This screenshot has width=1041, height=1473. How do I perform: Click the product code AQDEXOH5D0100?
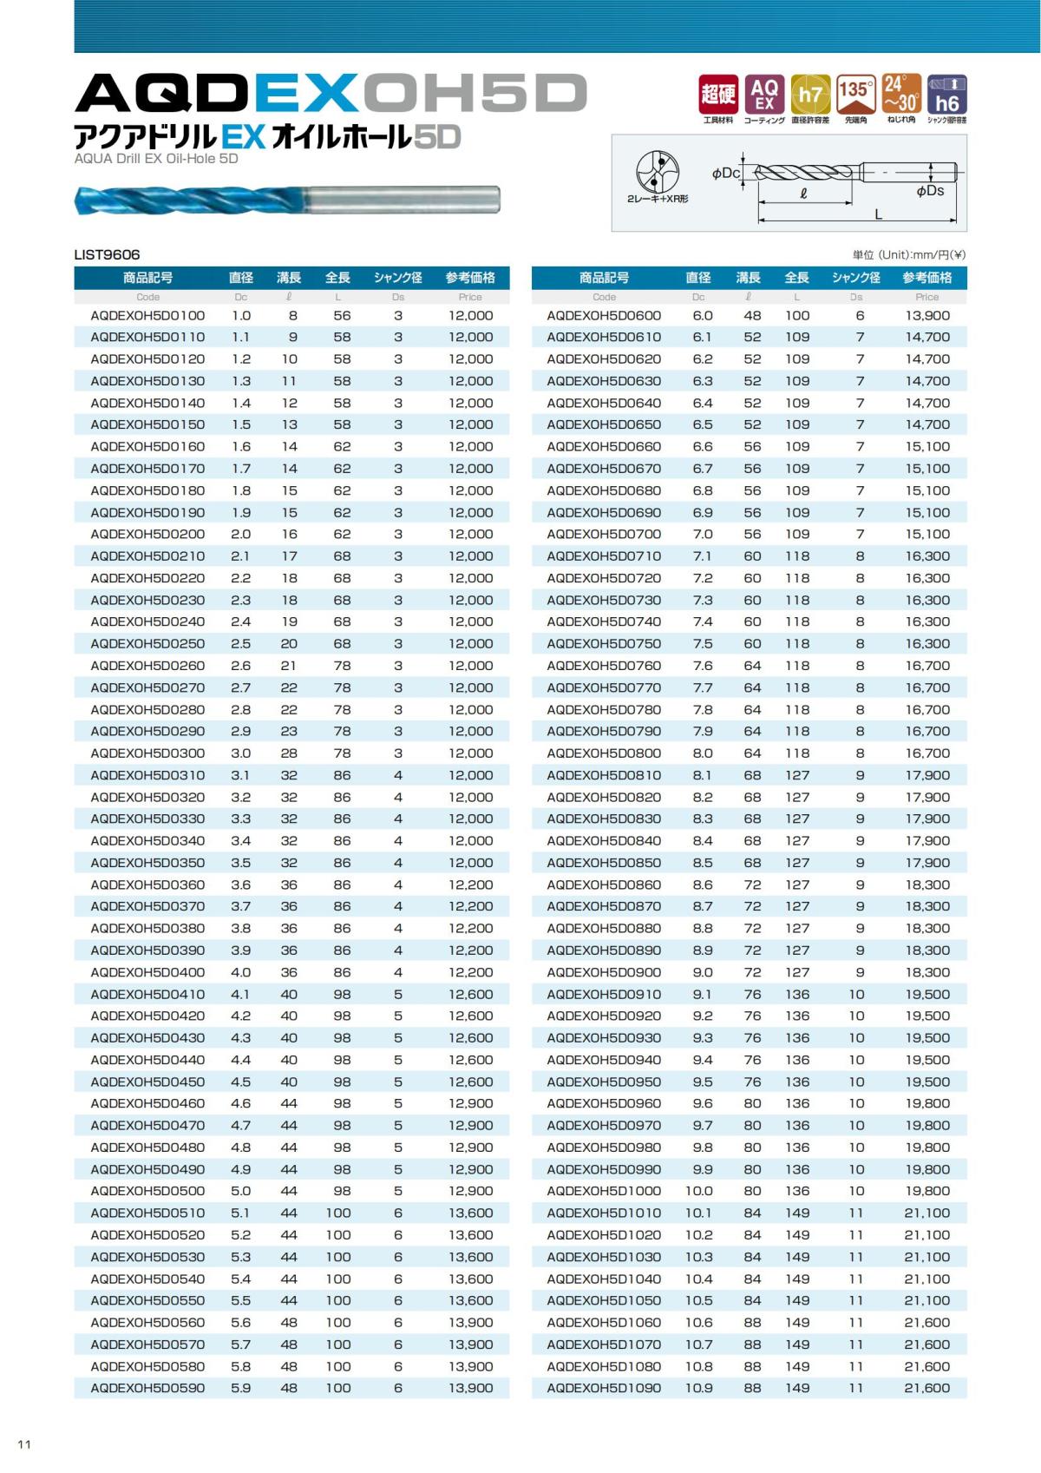pos(147,316)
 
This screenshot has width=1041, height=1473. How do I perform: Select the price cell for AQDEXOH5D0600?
pos(926,316)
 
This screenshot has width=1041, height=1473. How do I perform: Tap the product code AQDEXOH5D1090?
pos(604,1388)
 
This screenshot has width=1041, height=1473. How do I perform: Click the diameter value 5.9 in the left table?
pos(240,1388)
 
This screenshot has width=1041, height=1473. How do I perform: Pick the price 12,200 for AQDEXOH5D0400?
pos(470,972)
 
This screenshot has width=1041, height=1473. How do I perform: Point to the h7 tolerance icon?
pos(810,95)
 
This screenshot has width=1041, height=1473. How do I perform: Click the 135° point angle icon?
pos(855,95)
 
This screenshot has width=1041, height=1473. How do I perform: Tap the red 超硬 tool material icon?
pos(718,95)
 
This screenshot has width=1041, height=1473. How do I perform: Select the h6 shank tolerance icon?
pos(946,95)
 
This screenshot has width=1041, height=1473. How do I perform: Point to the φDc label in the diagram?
pos(726,174)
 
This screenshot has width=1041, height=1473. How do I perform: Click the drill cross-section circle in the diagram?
pos(657,172)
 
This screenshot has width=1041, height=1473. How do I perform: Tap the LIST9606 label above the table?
pos(107,254)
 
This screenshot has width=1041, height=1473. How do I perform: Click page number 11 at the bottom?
pos(24,1444)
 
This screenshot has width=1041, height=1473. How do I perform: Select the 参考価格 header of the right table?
pos(926,278)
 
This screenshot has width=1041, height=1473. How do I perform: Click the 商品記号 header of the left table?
pos(147,278)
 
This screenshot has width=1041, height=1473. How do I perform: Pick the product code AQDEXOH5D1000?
pos(604,1191)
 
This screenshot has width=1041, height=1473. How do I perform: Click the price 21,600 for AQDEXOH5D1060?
pos(926,1322)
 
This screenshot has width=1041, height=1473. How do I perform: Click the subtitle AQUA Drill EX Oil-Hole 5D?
pos(156,159)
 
